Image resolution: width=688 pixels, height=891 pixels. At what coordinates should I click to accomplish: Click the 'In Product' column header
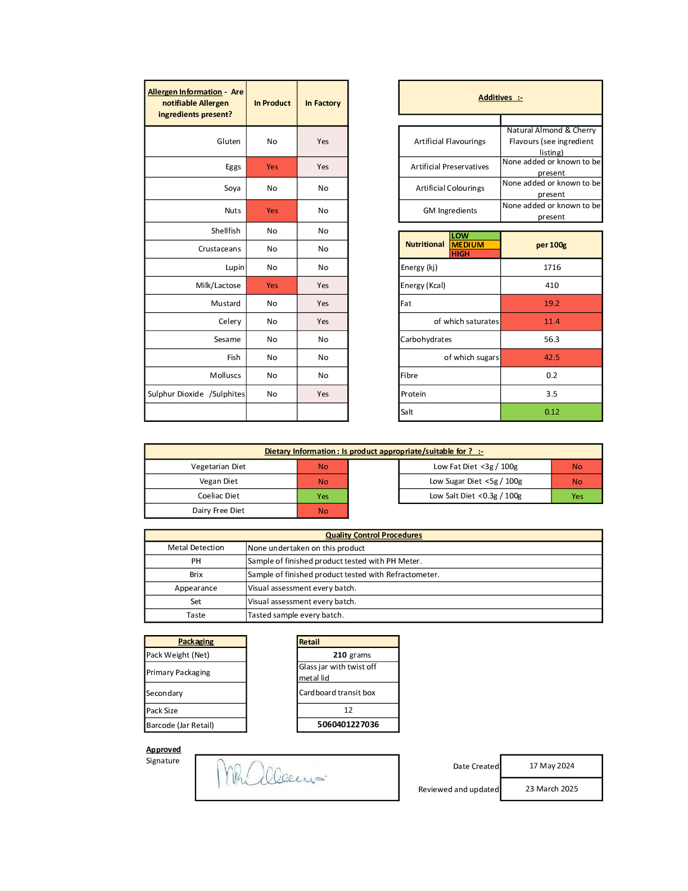[272, 103]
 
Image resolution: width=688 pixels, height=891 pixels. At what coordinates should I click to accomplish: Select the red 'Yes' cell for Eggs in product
[272, 166]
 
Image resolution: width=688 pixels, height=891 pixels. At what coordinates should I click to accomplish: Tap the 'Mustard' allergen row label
[225, 303]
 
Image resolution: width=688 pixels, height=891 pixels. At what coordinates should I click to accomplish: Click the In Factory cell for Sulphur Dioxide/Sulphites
[323, 394]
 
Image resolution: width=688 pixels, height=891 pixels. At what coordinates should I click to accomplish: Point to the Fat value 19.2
[551, 303]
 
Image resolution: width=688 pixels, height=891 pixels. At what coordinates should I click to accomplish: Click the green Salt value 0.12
[551, 412]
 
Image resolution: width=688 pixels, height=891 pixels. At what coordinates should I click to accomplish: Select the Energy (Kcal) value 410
[551, 285]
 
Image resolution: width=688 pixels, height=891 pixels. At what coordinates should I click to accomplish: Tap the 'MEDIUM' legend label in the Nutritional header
[468, 245]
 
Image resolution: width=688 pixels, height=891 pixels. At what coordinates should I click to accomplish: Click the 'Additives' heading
[500, 97]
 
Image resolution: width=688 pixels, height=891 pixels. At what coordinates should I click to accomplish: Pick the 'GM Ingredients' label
[450, 210]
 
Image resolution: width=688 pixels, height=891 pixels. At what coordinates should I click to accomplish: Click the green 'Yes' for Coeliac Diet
[323, 496]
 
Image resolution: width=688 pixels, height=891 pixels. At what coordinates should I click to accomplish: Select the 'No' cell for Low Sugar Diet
[577, 481]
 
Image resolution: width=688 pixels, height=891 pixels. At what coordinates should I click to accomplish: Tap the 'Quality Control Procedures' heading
[373, 535]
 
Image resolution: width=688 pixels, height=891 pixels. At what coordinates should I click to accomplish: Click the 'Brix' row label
[196, 574]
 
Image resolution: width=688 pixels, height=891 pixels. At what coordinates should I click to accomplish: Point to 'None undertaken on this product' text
[306, 548]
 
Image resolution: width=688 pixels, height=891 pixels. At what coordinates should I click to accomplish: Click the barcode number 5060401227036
[348, 724]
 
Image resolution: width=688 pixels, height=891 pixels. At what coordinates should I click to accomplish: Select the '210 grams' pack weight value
[352, 655]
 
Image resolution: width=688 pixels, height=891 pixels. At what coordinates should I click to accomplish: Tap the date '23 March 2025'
[551, 789]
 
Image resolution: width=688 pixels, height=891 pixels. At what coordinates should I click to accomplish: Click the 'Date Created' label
[476, 766]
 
